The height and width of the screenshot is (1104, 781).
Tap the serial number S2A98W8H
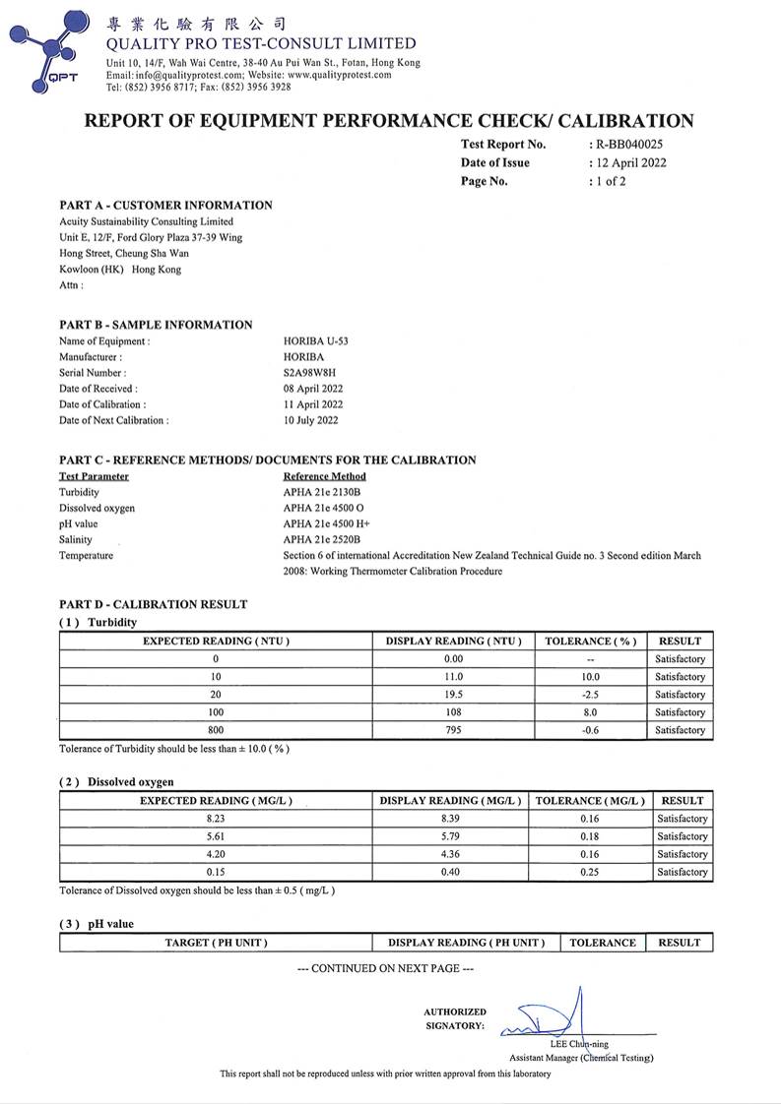pyautogui.click(x=309, y=373)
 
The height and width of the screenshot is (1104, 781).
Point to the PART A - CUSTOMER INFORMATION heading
pyautogui.click(x=165, y=206)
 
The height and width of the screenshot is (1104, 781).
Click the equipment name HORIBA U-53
pyautogui.click(x=315, y=341)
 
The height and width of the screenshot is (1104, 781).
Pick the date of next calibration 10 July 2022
pyautogui.click(x=310, y=420)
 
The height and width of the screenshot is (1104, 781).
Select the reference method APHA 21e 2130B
pyautogui.click(x=324, y=491)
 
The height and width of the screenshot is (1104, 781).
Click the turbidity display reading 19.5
pyautogui.click(x=453, y=695)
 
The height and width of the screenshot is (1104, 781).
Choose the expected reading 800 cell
pyautogui.click(x=216, y=730)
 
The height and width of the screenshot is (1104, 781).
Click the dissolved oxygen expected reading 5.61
pyautogui.click(x=216, y=836)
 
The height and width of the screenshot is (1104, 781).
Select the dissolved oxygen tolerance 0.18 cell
pyautogui.click(x=590, y=836)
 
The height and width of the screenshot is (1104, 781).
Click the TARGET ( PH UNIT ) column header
pyautogui.click(x=216, y=943)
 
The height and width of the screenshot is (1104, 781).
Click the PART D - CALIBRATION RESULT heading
pyautogui.click(x=153, y=604)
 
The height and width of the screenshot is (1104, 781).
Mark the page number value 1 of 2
pyautogui.click(x=608, y=181)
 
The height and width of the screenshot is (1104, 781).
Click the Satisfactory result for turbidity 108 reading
pyautogui.click(x=681, y=712)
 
